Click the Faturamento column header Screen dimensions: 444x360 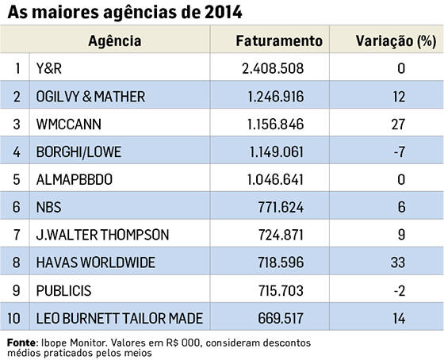click(279, 40)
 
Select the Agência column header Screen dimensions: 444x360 click(115, 41)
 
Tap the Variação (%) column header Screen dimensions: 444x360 click(396, 41)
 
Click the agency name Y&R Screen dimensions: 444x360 click(48, 68)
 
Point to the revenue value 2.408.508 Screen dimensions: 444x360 click(273, 68)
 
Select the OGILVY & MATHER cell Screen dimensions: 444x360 click(90, 97)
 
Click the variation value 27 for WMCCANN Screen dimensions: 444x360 click(398, 124)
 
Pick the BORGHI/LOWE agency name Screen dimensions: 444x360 click(78, 152)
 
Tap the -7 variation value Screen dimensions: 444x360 click(400, 152)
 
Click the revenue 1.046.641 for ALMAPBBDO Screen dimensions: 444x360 click(275, 179)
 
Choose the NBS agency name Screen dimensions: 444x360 click(48, 207)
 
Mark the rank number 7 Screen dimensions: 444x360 click(17, 235)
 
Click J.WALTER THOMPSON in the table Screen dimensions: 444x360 click(102, 235)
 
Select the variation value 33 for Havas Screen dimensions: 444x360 click(398, 262)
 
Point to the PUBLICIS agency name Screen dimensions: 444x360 click(63, 290)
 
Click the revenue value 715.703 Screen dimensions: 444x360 click(281, 290)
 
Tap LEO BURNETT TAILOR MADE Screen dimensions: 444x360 click(120, 318)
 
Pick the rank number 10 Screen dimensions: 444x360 click(14, 318)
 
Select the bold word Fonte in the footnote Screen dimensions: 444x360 click(21, 343)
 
